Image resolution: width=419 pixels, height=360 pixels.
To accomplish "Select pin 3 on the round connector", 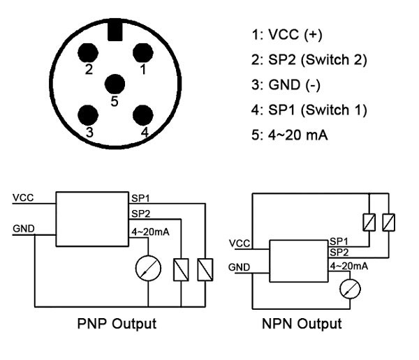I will point(88,114).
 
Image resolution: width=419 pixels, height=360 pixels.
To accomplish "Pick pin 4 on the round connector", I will point(143,114).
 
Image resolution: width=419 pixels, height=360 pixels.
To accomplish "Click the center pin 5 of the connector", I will point(115,84).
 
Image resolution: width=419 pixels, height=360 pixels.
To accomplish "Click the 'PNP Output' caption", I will point(116,324).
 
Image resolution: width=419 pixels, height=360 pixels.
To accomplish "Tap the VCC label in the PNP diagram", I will point(22,197).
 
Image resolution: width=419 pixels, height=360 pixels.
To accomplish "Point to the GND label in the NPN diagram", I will point(239,267).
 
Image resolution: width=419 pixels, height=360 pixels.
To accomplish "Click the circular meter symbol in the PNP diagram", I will point(149,267).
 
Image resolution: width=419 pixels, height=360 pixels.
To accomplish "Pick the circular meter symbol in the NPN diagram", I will point(347,288).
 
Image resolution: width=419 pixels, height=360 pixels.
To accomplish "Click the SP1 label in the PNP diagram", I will point(140,197).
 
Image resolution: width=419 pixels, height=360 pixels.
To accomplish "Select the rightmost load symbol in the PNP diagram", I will point(205,269).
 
